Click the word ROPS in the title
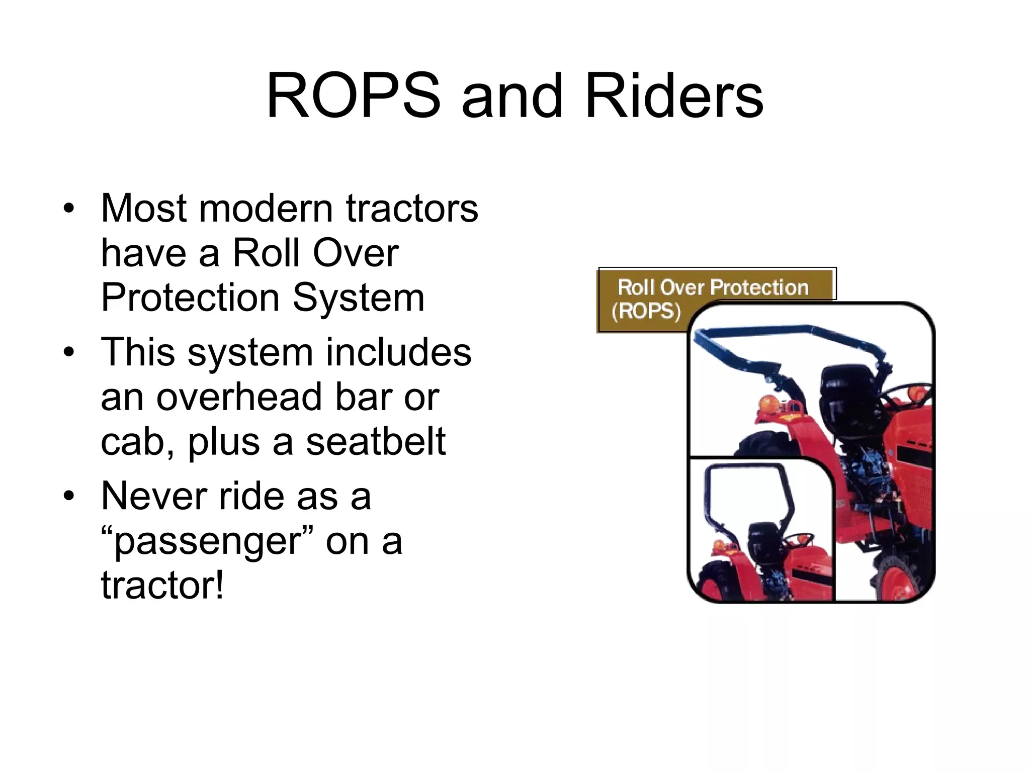pos(353,96)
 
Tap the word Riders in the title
pos(674,96)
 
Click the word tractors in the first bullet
pos(412,209)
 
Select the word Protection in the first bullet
pos(190,298)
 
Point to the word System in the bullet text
pos(359,298)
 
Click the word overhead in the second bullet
pos(238,397)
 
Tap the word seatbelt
pos(376,441)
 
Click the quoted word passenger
pos(207,542)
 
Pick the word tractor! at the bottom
pos(162,586)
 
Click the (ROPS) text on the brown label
pos(646,311)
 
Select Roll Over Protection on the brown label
pos(712,287)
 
